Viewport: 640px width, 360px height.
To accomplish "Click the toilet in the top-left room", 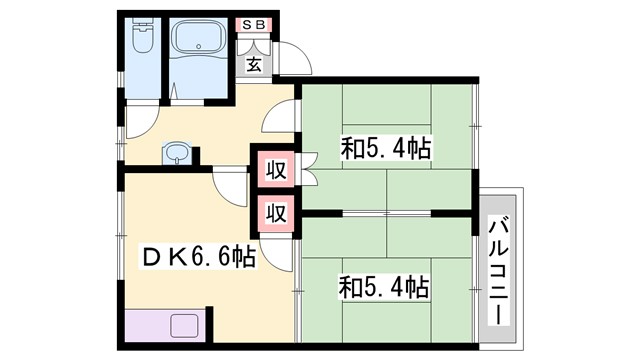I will pyautogui.click(x=141, y=40).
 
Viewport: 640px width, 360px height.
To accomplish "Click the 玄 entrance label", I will pyautogui.click(x=255, y=66).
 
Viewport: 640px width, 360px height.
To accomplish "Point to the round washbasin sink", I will pyautogui.click(x=177, y=153).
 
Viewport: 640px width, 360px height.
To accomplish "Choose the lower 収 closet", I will pyautogui.click(x=276, y=213).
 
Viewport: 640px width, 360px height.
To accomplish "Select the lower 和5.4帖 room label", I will pyautogui.click(x=385, y=288).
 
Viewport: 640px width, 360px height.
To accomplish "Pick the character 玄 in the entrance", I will pyautogui.click(x=255, y=66).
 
